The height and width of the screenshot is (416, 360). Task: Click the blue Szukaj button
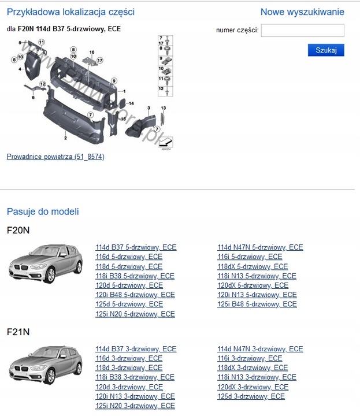326,50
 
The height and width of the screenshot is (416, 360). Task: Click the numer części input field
302,31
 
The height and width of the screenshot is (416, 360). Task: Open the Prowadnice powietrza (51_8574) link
55,157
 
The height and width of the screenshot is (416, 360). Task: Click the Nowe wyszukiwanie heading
302,12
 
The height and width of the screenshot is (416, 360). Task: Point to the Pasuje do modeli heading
43,211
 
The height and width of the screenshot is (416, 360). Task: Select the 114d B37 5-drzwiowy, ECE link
136,247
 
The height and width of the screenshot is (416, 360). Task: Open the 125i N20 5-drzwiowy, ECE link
135,314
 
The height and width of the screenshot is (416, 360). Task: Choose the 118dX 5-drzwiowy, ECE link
253,266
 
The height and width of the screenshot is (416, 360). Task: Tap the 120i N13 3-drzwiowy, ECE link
135,396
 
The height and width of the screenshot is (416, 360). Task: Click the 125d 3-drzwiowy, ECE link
251,396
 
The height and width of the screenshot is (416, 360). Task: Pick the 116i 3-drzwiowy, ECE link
250,358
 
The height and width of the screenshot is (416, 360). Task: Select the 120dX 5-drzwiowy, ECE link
253,285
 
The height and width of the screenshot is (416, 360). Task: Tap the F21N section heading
18,332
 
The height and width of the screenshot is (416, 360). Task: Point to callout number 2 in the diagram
65,139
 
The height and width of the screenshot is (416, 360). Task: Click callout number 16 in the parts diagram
91,53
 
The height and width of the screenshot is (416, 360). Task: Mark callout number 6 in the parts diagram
33,98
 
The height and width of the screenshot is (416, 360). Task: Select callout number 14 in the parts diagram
131,103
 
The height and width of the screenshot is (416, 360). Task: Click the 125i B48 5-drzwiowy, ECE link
257,304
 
